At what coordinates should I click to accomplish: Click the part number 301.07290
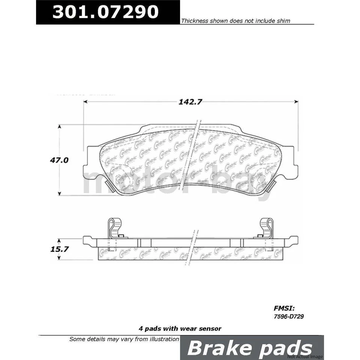(105, 12)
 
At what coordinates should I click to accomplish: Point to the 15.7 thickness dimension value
(59, 248)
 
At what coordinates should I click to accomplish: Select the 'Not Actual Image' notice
(305, 356)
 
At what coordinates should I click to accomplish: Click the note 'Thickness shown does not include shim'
(235, 21)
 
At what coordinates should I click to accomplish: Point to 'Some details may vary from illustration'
(124, 339)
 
